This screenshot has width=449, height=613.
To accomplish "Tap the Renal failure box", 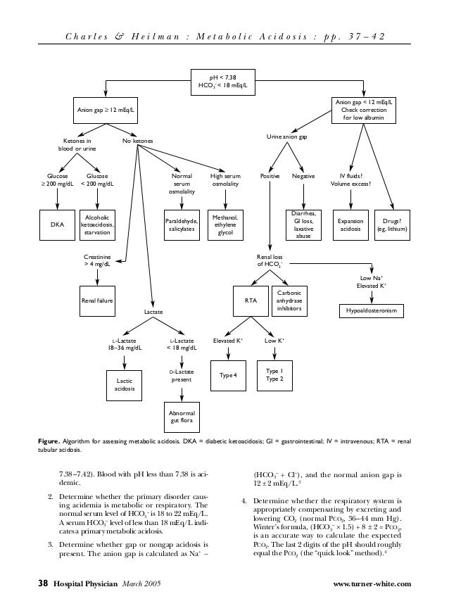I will point(97,298).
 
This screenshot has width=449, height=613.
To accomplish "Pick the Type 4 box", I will point(227,374).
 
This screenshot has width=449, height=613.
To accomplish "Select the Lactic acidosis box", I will point(125,381).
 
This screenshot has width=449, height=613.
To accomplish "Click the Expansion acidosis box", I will point(350,225).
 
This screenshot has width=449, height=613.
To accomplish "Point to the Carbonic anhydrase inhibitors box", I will point(289,298).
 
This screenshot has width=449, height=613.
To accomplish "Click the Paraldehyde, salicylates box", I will point(182,225).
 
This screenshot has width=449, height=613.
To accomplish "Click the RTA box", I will point(250,299).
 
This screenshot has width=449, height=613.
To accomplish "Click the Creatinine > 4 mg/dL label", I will point(97,261).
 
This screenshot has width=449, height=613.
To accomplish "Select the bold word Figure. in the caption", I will point(50,441).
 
